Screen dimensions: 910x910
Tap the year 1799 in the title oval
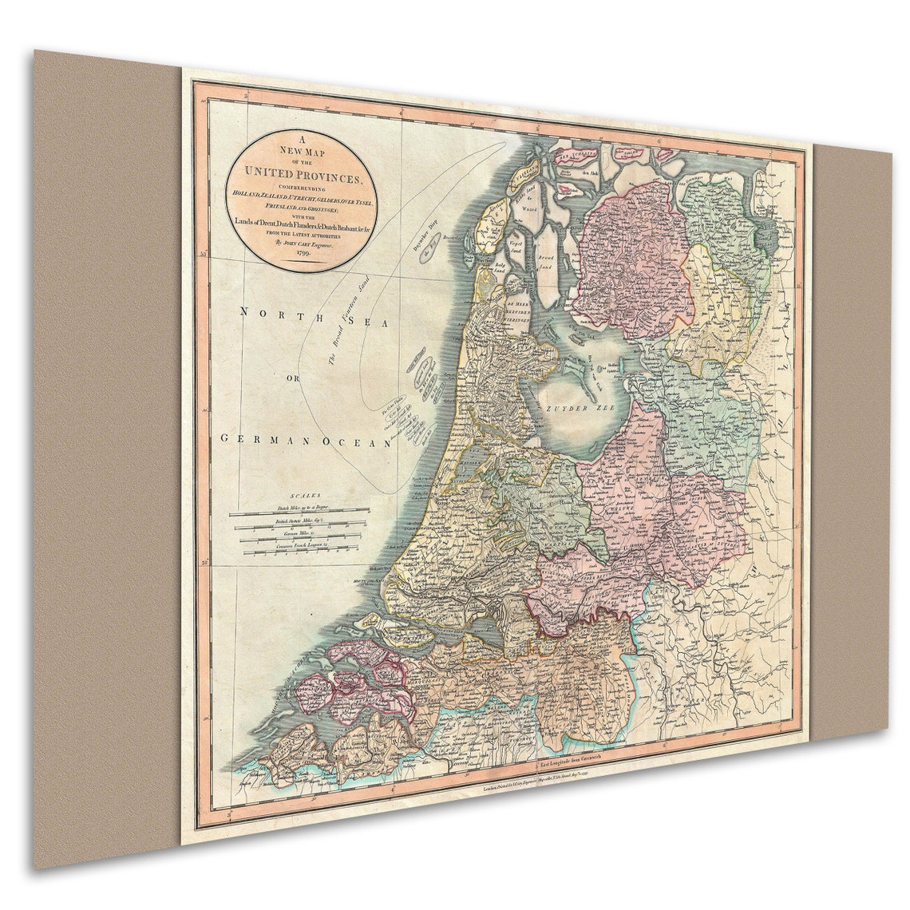tap(302, 253)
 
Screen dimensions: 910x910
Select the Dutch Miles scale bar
tap(299, 512)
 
